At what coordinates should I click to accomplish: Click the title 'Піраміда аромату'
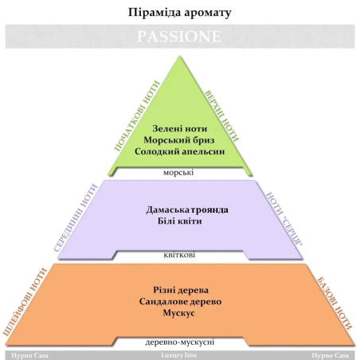180,13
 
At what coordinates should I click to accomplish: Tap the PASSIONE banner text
179,37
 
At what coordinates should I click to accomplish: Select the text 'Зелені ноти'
180,128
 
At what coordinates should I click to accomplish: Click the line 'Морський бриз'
179,140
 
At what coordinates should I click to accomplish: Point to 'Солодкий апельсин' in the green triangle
180,151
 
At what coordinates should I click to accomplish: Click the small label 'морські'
178,173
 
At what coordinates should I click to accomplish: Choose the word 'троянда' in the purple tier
209,210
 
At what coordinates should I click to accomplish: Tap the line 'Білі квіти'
180,221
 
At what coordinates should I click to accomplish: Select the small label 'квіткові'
179,255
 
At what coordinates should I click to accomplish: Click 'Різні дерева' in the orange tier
181,290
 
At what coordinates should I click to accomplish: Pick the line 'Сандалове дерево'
180,302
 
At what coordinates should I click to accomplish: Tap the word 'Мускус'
179,313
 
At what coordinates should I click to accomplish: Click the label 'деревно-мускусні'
180,342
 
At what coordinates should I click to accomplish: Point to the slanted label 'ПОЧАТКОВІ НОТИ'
137,116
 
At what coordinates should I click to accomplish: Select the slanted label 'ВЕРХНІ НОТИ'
221,116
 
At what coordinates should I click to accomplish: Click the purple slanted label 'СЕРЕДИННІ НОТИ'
76,217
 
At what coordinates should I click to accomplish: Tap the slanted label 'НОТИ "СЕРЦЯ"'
284,219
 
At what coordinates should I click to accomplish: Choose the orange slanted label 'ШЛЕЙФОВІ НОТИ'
25,302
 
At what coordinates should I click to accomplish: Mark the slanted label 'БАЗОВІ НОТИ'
335,303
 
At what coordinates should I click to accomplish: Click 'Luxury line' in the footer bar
179,355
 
